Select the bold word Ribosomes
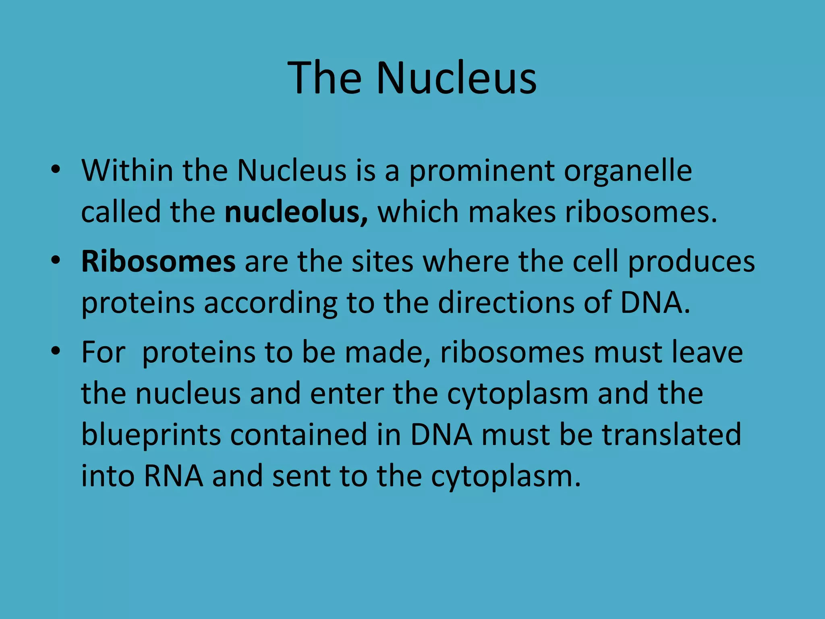click(158, 262)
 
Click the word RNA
click(174, 476)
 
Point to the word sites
click(382, 262)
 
